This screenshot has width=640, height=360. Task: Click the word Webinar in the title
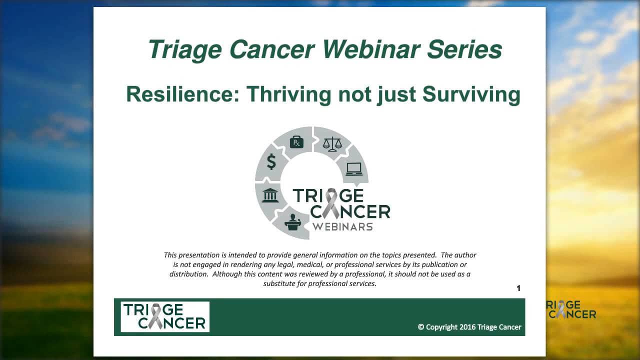(371, 49)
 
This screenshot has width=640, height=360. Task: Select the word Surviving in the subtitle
(471, 94)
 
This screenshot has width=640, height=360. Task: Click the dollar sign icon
(271, 161)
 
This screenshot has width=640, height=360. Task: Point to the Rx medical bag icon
(296, 142)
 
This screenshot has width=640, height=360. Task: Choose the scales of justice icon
(332, 144)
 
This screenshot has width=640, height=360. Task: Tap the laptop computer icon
(354, 169)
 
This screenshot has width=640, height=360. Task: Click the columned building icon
(270, 195)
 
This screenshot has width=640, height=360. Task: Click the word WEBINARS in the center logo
(342, 227)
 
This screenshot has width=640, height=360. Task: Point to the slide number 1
(518, 288)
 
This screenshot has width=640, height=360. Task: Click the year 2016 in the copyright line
(467, 327)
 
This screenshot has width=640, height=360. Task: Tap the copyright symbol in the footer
(421, 327)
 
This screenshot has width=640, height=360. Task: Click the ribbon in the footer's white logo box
(156, 316)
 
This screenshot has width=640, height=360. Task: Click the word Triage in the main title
(185, 49)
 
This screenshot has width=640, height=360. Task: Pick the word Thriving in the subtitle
(289, 94)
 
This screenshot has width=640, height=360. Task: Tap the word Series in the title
(464, 49)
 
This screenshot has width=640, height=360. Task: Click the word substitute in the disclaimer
(279, 283)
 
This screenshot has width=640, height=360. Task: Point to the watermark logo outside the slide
(571, 309)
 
